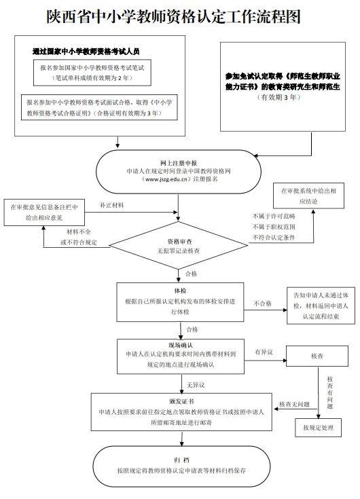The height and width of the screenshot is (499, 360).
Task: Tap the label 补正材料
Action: coord(113,204)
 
